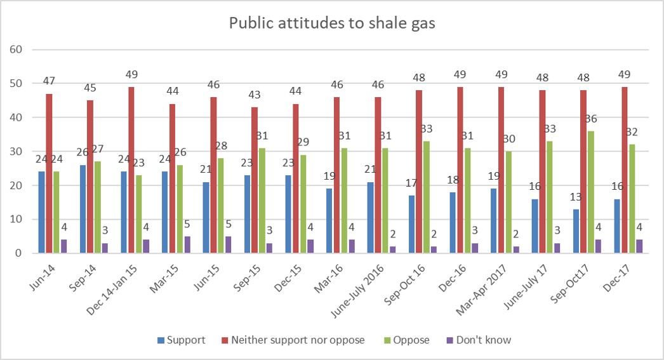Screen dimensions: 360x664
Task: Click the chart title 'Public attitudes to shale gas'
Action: tap(332, 23)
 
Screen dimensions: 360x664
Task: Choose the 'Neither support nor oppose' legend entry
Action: tap(293, 340)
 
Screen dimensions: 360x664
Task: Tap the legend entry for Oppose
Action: tap(406, 340)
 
